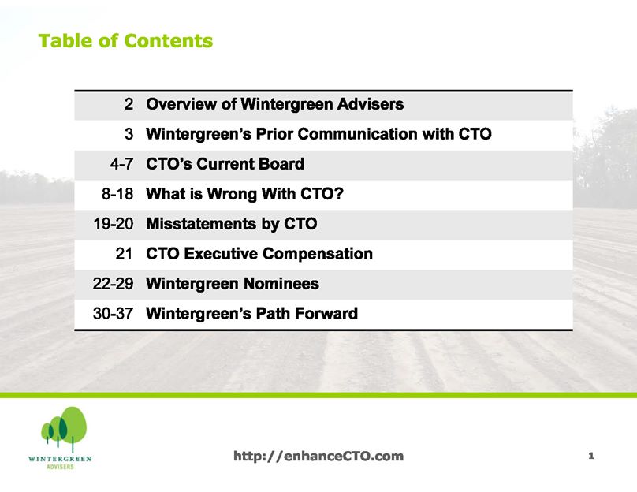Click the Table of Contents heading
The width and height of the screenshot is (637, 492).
125,41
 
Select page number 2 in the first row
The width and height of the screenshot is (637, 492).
129,104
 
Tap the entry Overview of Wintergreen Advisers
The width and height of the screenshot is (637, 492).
275,104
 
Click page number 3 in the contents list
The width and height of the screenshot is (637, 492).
129,134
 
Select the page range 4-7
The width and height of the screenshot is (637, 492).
121,164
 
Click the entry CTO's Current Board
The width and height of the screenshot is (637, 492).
225,164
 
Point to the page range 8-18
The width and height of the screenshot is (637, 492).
117,194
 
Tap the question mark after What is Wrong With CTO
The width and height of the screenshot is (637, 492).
339,193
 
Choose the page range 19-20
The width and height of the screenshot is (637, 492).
114,224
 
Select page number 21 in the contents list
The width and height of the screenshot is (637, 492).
125,254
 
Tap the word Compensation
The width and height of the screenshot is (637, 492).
318,254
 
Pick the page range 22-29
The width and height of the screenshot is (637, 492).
113,284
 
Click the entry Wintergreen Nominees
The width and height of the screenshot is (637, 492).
233,284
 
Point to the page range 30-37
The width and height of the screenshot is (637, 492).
113,314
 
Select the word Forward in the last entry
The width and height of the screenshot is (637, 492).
326,313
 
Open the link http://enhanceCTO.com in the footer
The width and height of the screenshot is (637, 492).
318,456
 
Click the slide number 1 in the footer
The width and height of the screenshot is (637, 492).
591,456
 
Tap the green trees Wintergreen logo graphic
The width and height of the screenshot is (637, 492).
64,429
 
